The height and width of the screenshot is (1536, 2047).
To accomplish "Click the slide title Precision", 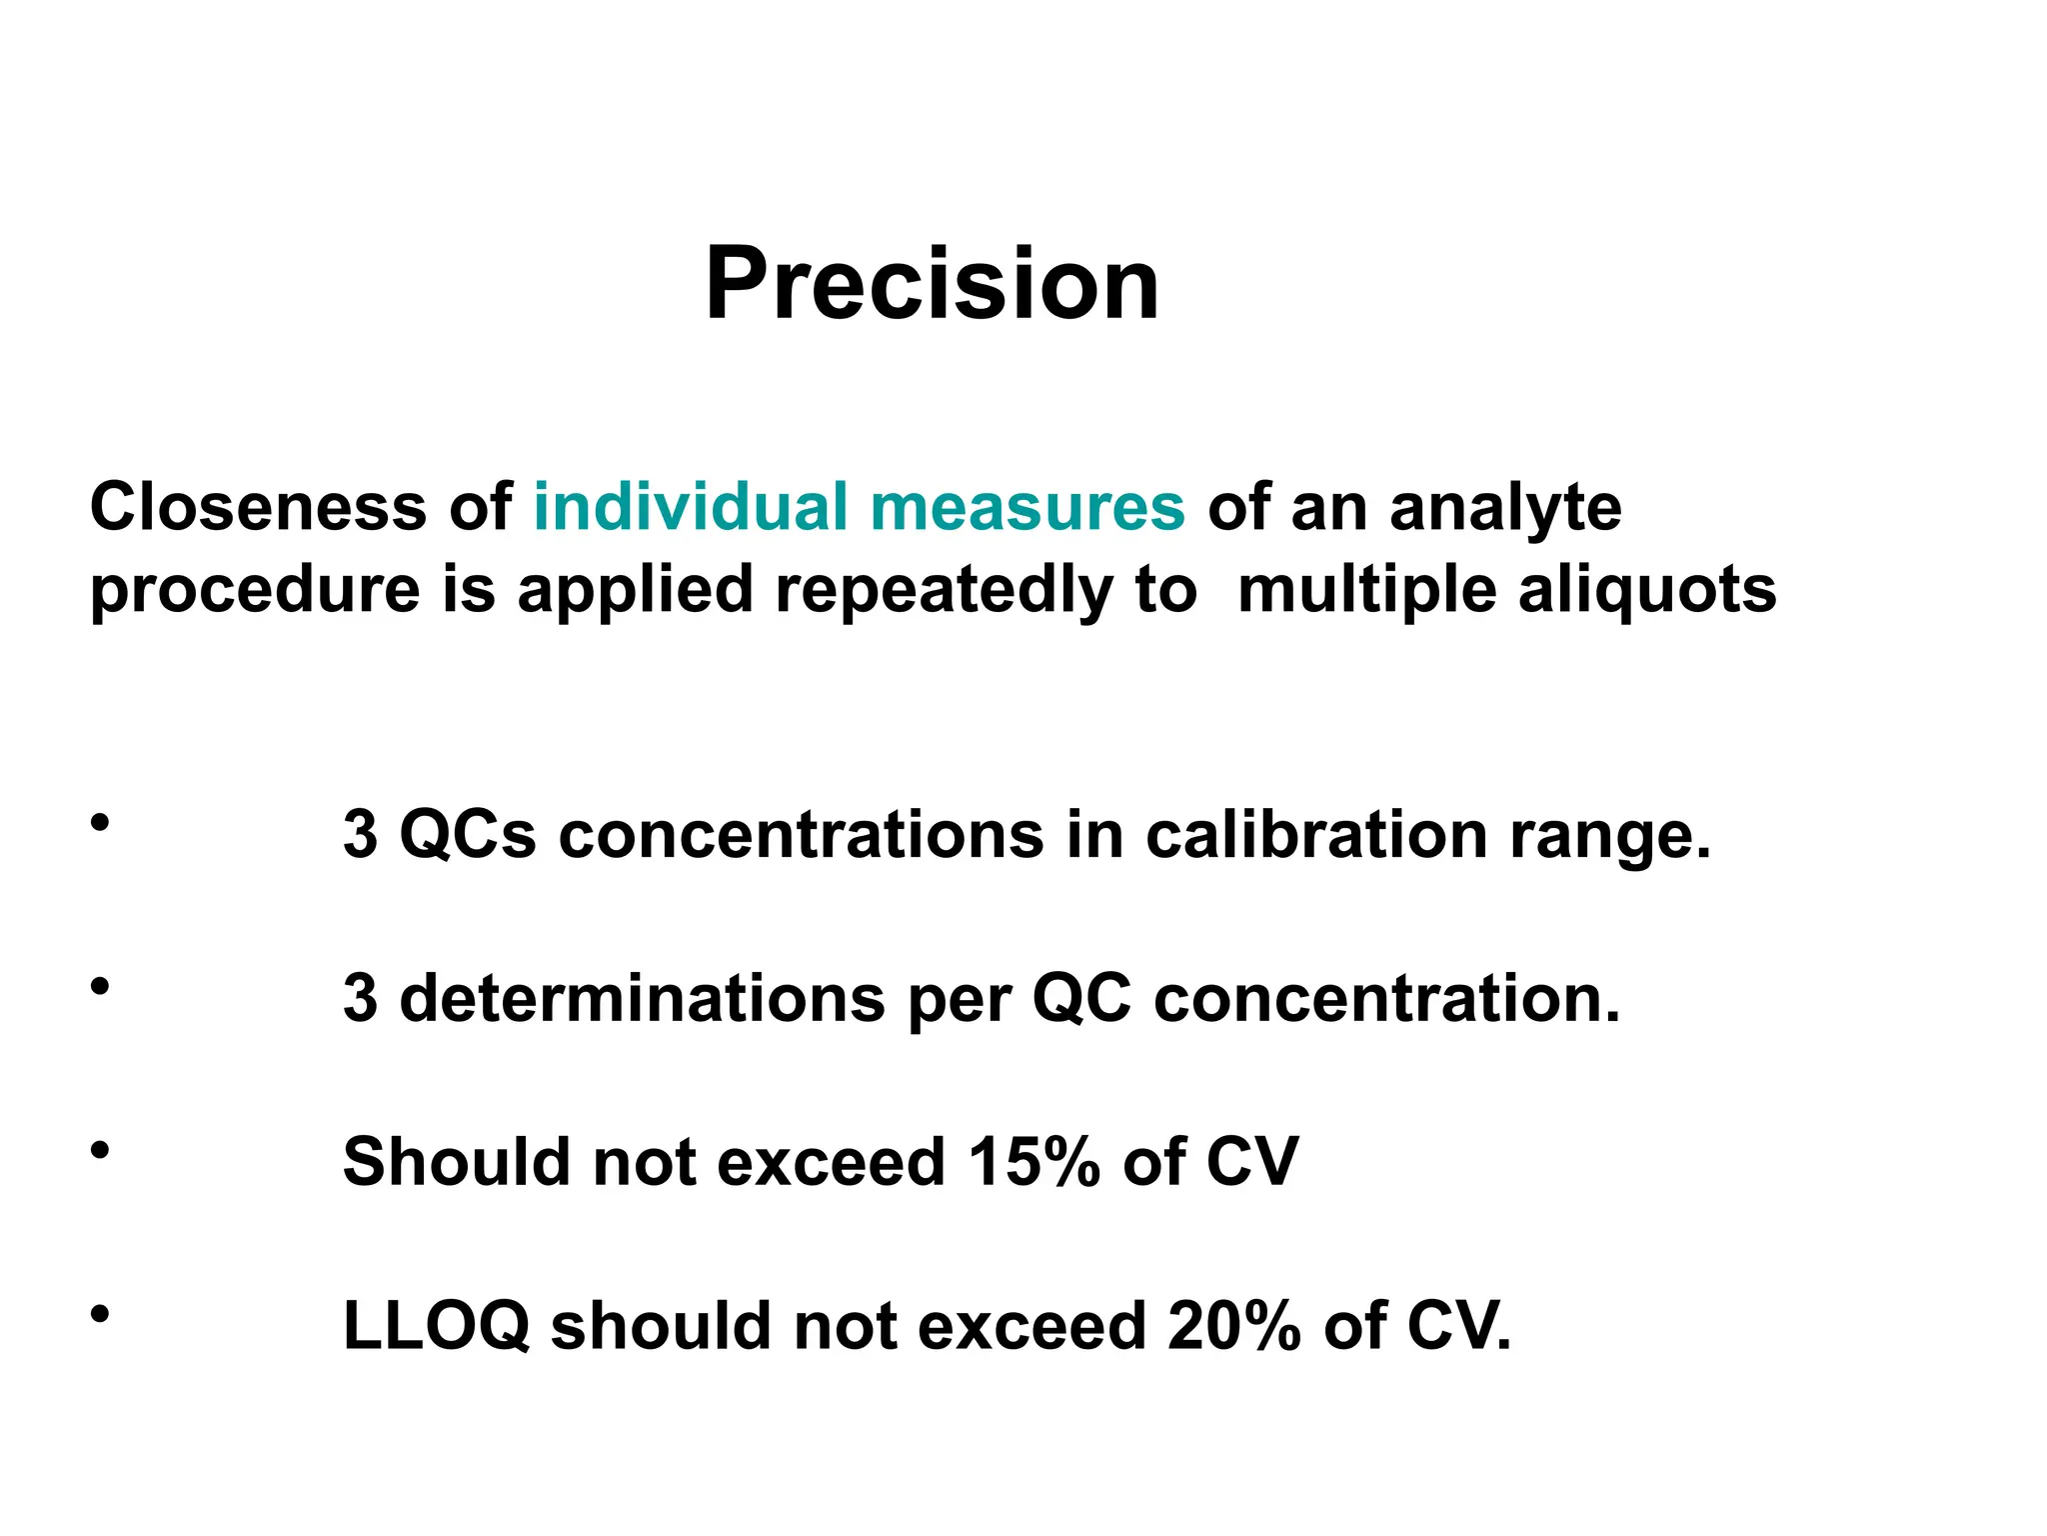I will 932,284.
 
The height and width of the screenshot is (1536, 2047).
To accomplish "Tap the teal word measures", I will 1027,508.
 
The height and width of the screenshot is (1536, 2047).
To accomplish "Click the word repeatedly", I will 943,590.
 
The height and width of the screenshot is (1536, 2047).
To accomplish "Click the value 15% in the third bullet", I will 1033,1162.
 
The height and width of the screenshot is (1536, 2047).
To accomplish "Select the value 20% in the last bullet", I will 1233,1326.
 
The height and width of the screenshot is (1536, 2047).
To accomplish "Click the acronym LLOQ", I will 436,1328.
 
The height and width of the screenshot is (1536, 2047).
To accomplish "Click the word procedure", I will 255,590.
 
